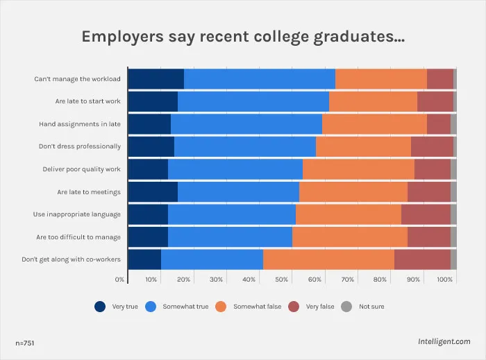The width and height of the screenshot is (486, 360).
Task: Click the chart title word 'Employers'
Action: point(122,37)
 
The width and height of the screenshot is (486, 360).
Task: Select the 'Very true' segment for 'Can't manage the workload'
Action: point(156,79)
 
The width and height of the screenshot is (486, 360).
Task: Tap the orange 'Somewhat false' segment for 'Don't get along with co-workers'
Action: point(329,259)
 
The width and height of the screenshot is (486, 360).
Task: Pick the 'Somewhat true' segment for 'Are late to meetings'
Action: point(239,192)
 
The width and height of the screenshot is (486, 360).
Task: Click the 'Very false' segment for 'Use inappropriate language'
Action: point(426,214)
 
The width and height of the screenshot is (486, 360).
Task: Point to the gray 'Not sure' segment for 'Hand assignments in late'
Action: point(453,124)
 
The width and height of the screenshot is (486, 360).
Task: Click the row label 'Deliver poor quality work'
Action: point(81,169)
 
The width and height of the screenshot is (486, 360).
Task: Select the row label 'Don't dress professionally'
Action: point(80,146)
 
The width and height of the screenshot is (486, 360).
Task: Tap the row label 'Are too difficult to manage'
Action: point(78,237)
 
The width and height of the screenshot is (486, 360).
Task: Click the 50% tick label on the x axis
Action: point(281,280)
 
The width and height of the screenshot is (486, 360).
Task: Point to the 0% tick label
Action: point(119,280)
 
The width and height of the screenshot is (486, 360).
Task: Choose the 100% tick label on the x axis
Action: point(444,280)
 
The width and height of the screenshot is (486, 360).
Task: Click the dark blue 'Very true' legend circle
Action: point(100,307)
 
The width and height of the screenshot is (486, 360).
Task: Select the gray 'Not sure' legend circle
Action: point(346,307)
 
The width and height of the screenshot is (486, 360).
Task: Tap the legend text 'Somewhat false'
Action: point(258,307)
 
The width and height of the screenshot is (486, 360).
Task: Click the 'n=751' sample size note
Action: point(25,343)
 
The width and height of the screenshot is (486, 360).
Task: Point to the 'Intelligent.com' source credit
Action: point(444,341)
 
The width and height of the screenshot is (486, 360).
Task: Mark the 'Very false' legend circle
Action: point(294,307)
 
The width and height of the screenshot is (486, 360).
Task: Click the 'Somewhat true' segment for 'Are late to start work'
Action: point(253,101)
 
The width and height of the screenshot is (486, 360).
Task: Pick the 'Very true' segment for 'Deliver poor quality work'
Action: point(148,169)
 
